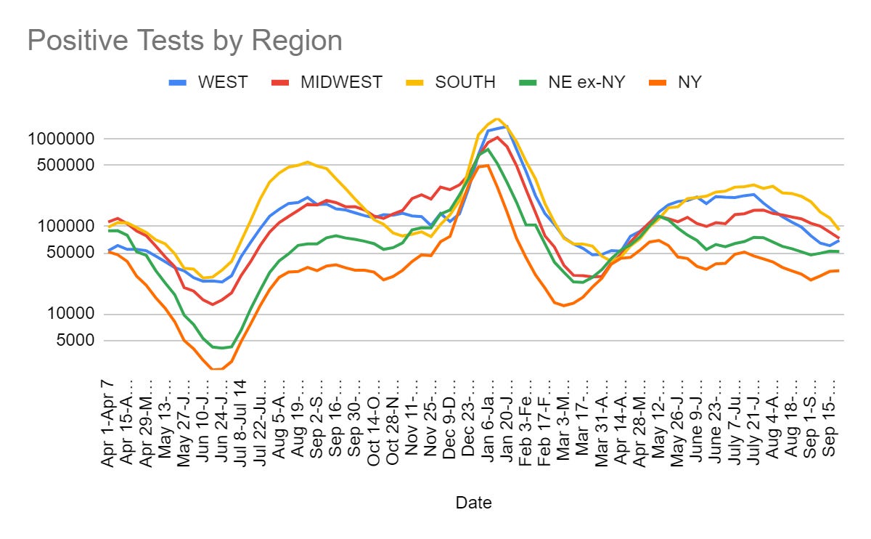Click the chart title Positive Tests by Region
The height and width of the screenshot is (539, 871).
click(184, 41)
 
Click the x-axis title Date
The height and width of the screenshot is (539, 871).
click(473, 502)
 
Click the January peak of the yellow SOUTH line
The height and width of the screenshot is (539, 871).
click(496, 118)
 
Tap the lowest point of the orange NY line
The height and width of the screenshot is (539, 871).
click(216, 369)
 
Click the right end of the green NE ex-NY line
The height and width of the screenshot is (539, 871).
click(839, 251)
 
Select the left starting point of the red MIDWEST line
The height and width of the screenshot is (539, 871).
click(109, 222)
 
